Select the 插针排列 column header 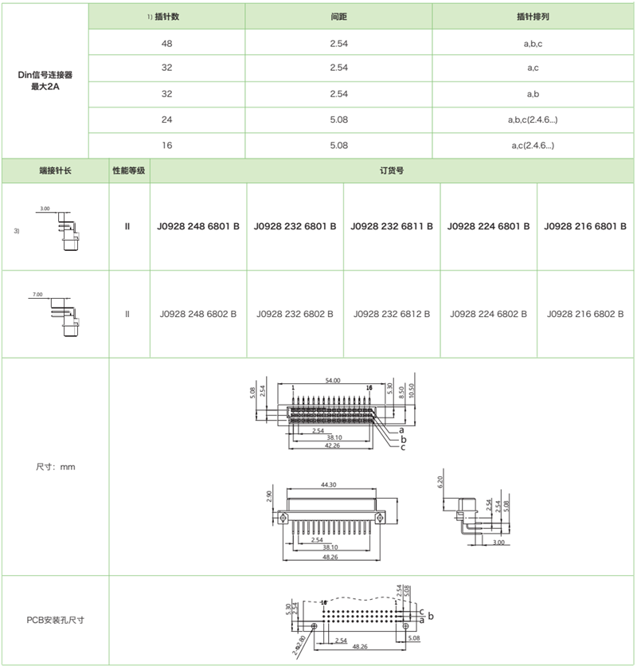pyautogui.click(x=533, y=16)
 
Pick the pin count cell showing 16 pyautogui.click(x=166, y=145)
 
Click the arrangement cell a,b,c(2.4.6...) pyautogui.click(x=533, y=120)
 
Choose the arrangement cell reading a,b pyautogui.click(x=533, y=94)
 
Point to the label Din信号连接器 pyautogui.click(x=45, y=74)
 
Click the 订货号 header pyautogui.click(x=393, y=170)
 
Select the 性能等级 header pyautogui.click(x=127, y=170)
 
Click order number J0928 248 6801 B pyautogui.click(x=199, y=227)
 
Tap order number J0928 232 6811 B pyautogui.click(x=392, y=227)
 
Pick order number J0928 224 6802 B pyautogui.click(x=489, y=315)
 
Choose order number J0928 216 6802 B pyautogui.click(x=585, y=315)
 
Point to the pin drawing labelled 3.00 pyautogui.click(x=58, y=226)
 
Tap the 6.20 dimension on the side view pyautogui.click(x=440, y=482)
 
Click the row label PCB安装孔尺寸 pyautogui.click(x=54, y=620)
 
